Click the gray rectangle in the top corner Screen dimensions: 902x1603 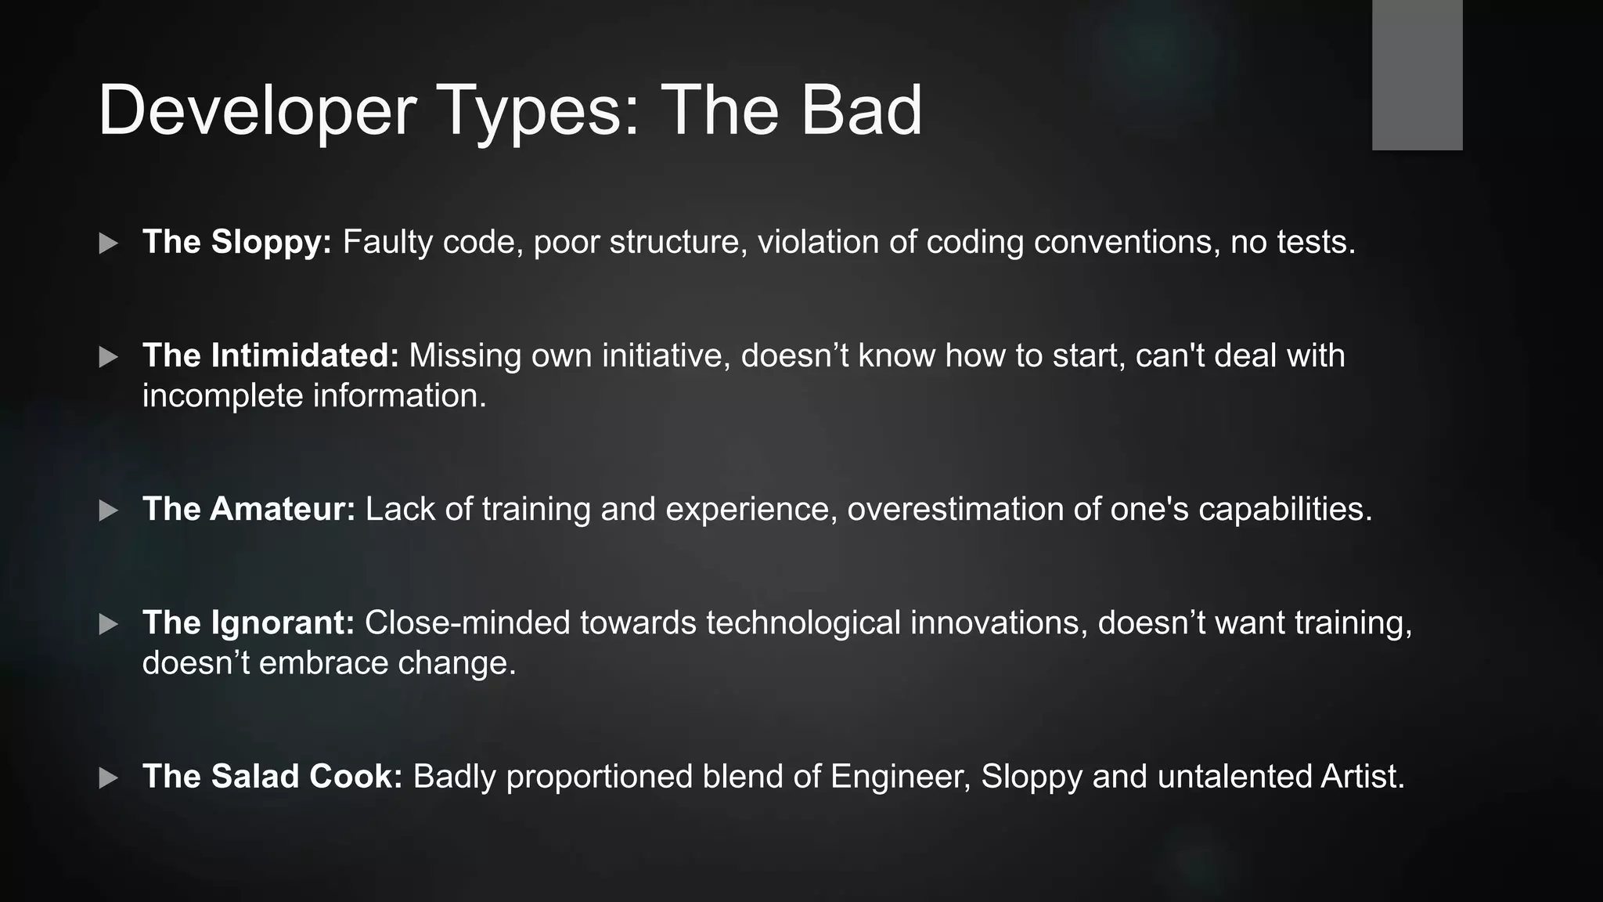pyautogui.click(x=1417, y=74)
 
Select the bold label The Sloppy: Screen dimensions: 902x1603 pyautogui.click(x=237, y=242)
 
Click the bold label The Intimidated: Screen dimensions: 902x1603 pyautogui.click(x=271, y=355)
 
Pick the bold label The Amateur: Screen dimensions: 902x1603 pyautogui.click(x=249, y=509)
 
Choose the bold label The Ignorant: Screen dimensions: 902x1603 pyautogui.click(x=248, y=622)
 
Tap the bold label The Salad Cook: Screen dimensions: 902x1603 pyautogui.click(x=272, y=776)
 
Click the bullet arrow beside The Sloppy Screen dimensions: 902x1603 pyautogui.click(x=109, y=244)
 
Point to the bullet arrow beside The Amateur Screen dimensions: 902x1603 pyautogui.click(x=109, y=511)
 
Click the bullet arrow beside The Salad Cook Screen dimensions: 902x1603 pyautogui.click(x=109, y=778)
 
